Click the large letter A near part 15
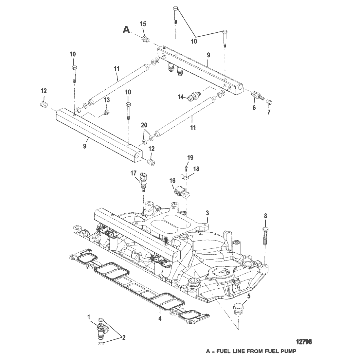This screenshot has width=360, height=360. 126,29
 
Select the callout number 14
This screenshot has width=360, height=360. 181,97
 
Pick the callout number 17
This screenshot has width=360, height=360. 134,173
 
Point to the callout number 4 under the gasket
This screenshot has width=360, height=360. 160,318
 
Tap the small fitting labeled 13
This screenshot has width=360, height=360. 106,112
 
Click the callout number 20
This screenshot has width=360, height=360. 144,125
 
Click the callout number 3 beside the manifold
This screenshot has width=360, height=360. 207,213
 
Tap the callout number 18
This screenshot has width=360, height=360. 196,169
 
